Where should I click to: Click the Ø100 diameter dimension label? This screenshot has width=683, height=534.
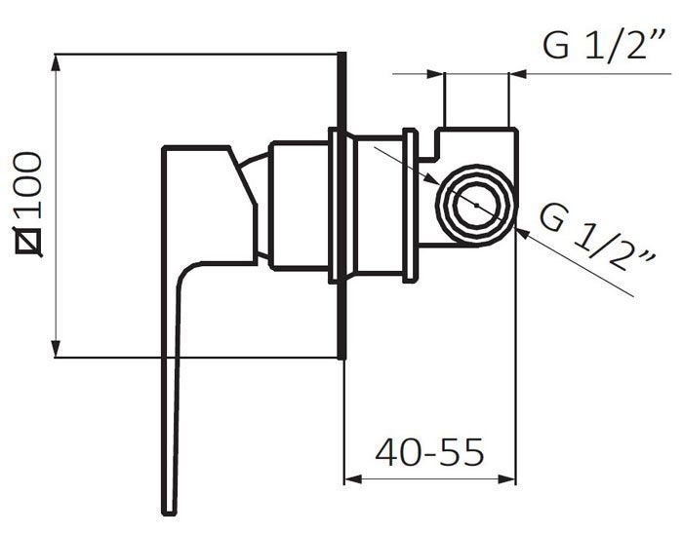pyautogui.click(x=29, y=204)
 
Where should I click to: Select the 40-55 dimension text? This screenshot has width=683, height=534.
pyautogui.click(x=429, y=452)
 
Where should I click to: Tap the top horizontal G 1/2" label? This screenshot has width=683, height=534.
pyautogui.click(x=604, y=45)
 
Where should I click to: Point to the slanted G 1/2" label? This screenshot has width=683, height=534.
pyautogui.click(x=596, y=237)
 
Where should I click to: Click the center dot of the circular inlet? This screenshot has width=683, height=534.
pyautogui.click(x=477, y=205)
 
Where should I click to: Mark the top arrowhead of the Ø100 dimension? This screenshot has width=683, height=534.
pyautogui.click(x=56, y=62)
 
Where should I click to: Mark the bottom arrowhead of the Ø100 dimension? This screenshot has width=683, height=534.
pyautogui.click(x=56, y=349)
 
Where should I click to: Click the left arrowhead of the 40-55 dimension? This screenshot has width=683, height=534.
pyautogui.click(x=353, y=479)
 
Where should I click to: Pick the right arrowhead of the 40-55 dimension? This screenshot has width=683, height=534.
pyautogui.click(x=507, y=479)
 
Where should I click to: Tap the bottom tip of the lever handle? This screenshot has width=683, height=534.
pyautogui.click(x=169, y=514)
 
